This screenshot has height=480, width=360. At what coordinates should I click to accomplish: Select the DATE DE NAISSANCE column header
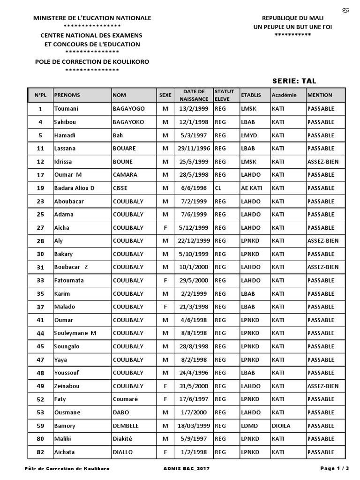click(194, 95)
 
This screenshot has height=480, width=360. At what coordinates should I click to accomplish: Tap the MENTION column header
click(320, 95)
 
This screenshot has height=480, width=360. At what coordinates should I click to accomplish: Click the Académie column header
click(284, 95)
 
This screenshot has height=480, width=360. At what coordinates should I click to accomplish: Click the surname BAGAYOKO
click(128, 122)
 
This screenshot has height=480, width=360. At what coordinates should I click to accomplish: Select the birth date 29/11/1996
click(194, 148)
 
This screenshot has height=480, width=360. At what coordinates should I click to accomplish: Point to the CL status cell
click(218, 188)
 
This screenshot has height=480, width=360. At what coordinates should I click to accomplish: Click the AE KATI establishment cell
click(251, 188)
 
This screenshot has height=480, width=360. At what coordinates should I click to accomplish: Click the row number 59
click(40, 426)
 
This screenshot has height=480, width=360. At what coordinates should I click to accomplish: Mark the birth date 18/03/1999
click(194, 426)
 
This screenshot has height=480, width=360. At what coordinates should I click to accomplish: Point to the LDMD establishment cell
click(249, 426)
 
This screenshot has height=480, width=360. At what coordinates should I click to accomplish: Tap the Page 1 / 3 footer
click(335, 468)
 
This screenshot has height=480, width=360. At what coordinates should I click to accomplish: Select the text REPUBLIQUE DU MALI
click(292, 18)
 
